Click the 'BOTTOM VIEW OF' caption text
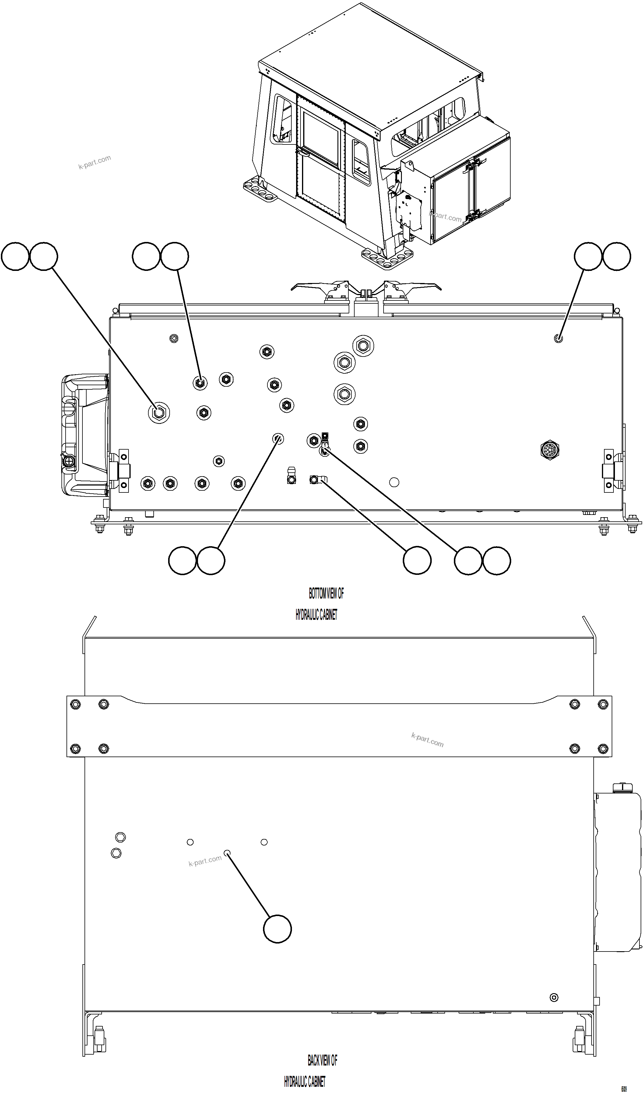(326, 593)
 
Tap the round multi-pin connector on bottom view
(550, 450)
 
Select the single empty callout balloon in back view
(277, 929)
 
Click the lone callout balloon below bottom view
(417, 561)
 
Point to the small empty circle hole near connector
(394, 482)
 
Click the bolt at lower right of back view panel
(554, 998)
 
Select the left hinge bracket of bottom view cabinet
(119, 471)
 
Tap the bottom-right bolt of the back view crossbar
(603, 748)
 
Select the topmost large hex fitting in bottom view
(363, 346)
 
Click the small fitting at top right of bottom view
(558, 338)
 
